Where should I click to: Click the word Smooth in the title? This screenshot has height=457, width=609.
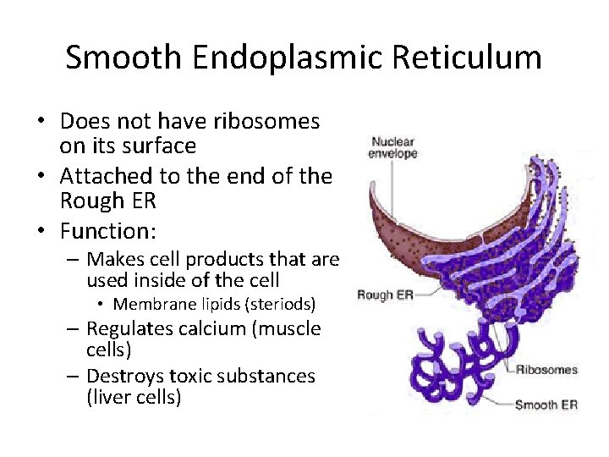coord(122,58)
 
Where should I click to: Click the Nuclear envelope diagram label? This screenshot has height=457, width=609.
coord(393,148)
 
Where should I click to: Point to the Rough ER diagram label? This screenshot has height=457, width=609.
coord(386,295)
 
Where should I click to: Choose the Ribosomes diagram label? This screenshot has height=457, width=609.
coord(546,370)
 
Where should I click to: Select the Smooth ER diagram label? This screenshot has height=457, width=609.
coord(546,405)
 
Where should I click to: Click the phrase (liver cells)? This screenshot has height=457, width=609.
coord(134,397)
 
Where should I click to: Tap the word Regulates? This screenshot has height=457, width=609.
coord(128,328)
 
